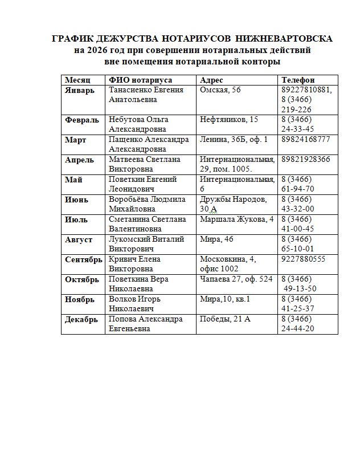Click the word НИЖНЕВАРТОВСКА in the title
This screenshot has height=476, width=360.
point(283,39)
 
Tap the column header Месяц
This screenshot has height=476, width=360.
point(77,80)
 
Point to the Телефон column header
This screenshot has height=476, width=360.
point(298,80)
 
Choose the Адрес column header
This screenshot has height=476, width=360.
point(211,80)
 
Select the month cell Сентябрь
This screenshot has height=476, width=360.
point(84,259)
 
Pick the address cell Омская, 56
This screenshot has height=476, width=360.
point(220,90)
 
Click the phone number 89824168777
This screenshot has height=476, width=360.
point(305,140)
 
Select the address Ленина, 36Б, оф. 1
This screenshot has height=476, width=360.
point(234,140)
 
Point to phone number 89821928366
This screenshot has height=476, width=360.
point(305,160)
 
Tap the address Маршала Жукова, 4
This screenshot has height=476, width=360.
point(237,219)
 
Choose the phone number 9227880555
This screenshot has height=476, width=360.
point(303,259)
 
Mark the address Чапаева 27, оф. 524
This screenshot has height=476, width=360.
point(236,279)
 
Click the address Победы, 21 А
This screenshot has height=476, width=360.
point(225,319)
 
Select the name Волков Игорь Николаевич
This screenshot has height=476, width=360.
point(135,304)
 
